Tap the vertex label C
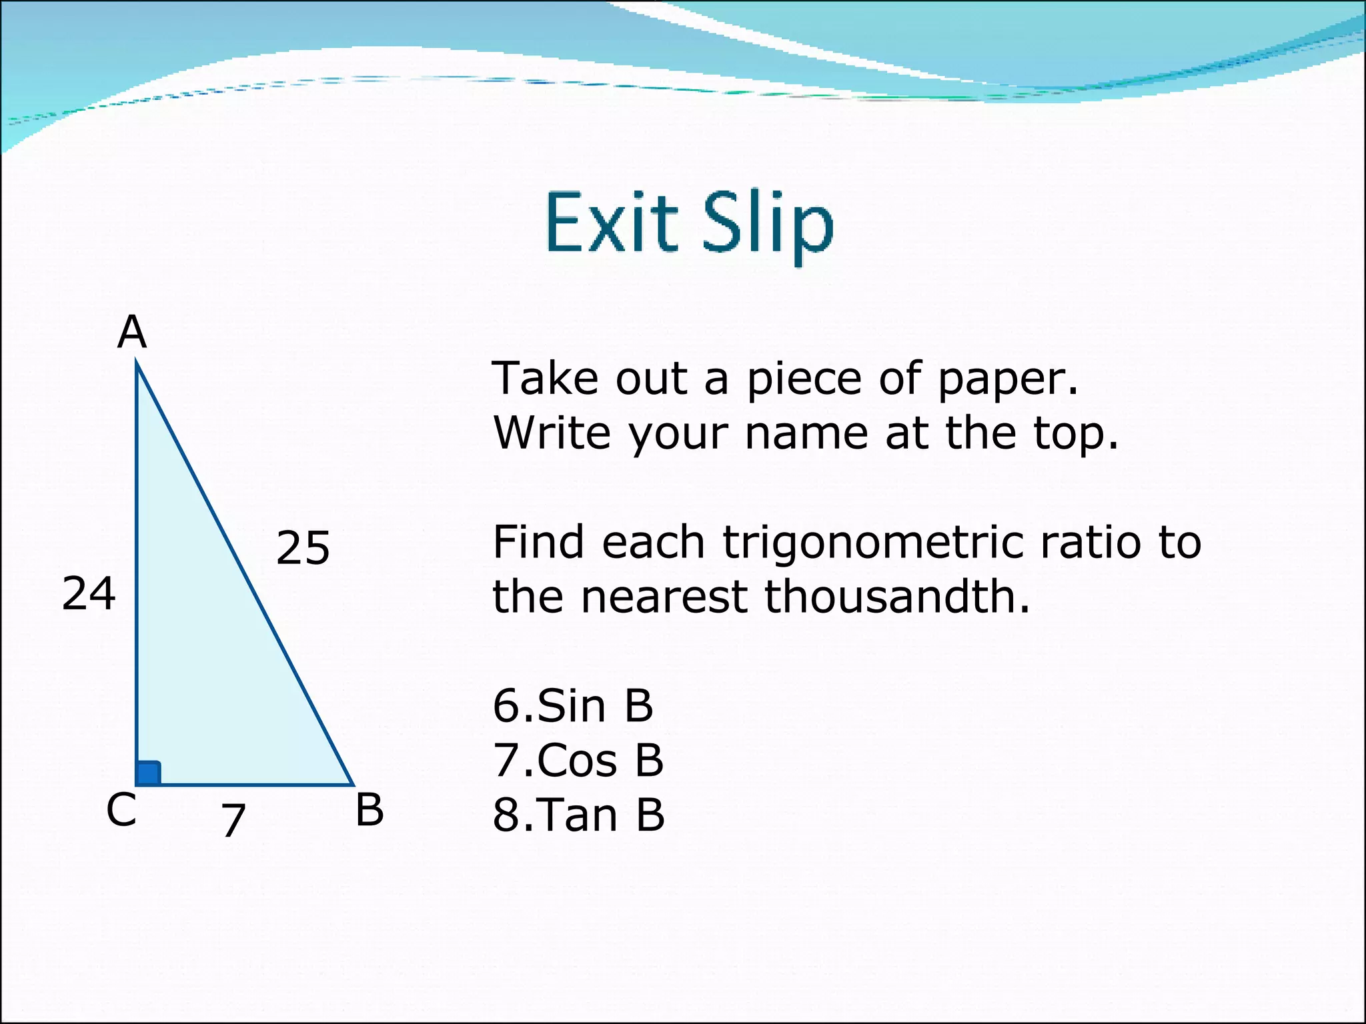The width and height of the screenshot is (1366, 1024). point(121,811)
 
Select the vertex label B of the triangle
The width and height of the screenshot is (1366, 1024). point(370,811)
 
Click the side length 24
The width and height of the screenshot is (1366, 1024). point(89,593)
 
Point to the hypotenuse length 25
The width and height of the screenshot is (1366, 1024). point(303,548)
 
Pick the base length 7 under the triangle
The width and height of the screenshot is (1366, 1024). point(233,820)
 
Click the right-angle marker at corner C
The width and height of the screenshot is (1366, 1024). point(148,773)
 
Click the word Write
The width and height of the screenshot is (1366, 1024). point(551,433)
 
